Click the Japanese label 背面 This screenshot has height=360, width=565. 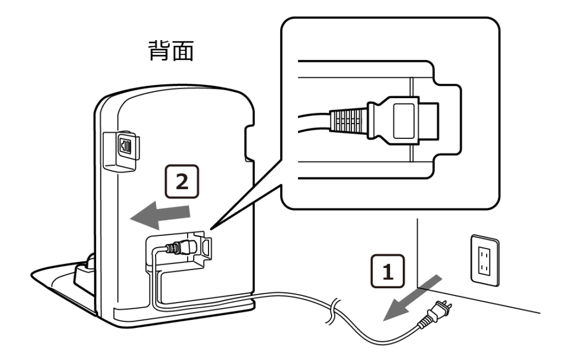[x=171, y=50]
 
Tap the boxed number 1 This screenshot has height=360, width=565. [x=388, y=271]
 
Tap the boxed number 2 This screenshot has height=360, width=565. [x=182, y=181]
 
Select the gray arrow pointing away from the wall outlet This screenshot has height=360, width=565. [x=412, y=298]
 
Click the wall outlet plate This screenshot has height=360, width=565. [x=485, y=260]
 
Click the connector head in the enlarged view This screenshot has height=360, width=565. [x=402, y=121]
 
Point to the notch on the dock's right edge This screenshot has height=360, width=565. [x=249, y=143]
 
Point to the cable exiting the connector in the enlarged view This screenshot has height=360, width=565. [x=314, y=122]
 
